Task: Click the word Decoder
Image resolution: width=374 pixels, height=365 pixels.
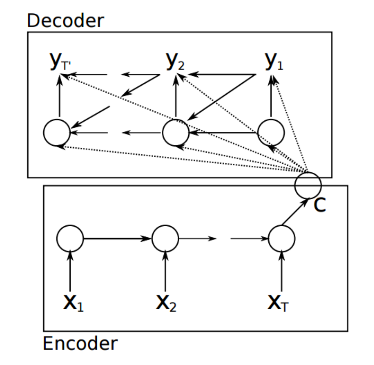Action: (x=65, y=20)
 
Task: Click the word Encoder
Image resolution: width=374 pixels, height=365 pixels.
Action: (x=80, y=344)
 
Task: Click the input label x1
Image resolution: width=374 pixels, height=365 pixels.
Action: (x=73, y=303)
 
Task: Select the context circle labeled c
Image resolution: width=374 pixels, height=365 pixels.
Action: (x=308, y=184)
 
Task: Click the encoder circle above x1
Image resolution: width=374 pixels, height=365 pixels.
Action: (x=70, y=238)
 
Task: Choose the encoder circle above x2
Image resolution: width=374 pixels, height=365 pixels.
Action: (x=165, y=238)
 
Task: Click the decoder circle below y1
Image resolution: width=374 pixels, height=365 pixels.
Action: (x=271, y=132)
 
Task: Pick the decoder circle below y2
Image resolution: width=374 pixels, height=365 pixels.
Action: (x=175, y=132)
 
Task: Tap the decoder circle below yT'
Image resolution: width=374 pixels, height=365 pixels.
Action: (x=57, y=132)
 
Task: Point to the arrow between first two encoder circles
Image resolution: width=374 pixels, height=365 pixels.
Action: (x=117, y=238)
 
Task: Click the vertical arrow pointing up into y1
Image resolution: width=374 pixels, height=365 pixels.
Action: (x=271, y=96)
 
